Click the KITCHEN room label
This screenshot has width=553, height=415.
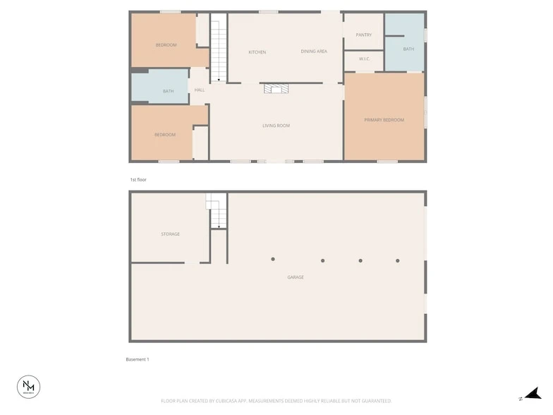tap(257, 52)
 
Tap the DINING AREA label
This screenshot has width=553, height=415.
tap(314, 52)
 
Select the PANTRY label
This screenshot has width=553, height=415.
tap(363, 35)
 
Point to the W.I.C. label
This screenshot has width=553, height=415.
tap(364, 59)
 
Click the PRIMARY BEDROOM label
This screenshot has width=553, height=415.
tap(384, 120)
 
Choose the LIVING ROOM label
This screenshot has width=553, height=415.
tap(276, 126)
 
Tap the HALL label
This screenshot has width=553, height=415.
tap(200, 90)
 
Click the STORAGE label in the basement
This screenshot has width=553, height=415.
tap(170, 234)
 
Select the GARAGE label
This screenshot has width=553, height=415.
tap(296, 277)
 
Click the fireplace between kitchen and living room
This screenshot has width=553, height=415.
tap(276, 88)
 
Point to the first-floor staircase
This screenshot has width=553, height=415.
tap(219, 49)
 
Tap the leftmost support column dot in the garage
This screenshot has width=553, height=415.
tap(273, 259)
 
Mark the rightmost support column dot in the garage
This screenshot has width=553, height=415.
tap(398, 260)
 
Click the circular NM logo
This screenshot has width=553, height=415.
tap(29, 386)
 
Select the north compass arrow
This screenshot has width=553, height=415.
tap(533, 393)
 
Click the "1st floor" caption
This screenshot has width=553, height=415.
tap(138, 180)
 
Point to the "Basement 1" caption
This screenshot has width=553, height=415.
tap(138, 359)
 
